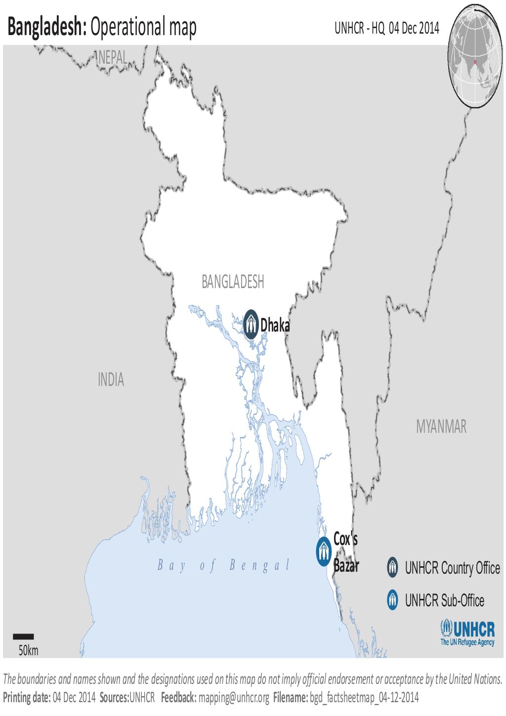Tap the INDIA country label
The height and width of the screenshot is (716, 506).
click(x=111, y=380)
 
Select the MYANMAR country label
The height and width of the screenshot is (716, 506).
click(x=441, y=426)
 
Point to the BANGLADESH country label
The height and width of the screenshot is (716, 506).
click(x=233, y=282)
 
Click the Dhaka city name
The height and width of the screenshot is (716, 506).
click(x=275, y=325)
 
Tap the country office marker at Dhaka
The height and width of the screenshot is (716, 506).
click(x=252, y=324)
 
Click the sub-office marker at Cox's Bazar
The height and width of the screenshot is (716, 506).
click(x=323, y=550)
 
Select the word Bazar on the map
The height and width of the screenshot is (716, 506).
click(x=346, y=566)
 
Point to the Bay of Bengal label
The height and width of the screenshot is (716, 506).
click(x=223, y=566)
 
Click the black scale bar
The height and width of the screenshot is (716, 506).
click(x=23, y=636)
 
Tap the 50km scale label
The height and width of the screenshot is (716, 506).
click(x=28, y=650)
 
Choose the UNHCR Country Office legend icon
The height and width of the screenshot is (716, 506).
click(x=392, y=567)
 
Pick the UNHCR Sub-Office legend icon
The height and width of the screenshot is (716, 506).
click(x=392, y=600)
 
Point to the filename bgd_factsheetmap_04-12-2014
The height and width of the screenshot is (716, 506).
click(x=364, y=697)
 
